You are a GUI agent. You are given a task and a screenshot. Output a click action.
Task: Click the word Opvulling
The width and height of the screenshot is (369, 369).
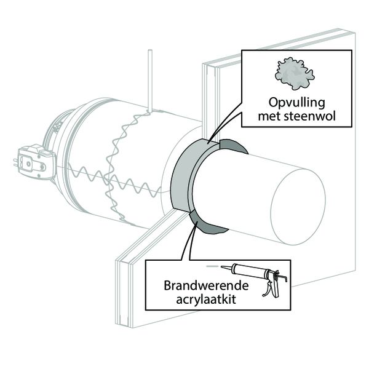(x=297, y=103)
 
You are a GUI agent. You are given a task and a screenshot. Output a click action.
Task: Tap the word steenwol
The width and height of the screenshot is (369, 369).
(x=310, y=116)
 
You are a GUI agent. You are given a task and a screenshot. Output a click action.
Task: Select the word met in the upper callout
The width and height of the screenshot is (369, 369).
(x=269, y=117)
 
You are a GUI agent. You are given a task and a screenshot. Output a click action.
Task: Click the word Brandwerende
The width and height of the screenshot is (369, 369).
(x=206, y=285)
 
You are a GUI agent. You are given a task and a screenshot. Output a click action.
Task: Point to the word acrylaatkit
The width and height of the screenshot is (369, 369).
(x=206, y=300)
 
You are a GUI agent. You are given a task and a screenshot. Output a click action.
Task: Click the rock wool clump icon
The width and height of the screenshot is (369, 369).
(x=295, y=73)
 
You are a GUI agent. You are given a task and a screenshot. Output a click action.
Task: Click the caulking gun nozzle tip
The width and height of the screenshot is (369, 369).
(x=221, y=267)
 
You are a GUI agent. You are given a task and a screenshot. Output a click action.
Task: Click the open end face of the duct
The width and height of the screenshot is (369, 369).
(x=298, y=209)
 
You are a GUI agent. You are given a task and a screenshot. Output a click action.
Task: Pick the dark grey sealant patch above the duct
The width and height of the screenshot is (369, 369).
(x=233, y=145)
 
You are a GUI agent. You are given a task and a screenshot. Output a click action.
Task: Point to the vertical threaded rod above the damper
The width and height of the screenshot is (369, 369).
(x=150, y=80)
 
